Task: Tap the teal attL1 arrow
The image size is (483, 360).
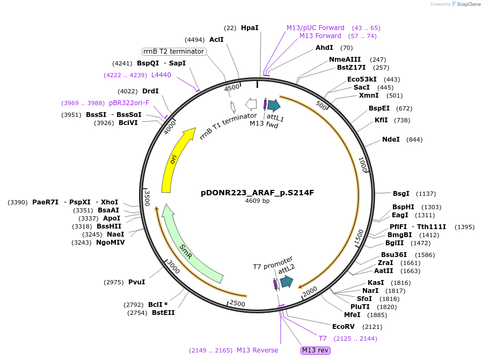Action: tap(274, 105)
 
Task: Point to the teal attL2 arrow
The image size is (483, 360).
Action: tap(286, 281)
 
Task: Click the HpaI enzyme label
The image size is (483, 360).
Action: tap(250, 27)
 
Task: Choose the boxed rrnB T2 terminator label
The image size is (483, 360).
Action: tap(174, 52)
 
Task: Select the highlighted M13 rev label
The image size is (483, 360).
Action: tap(315, 350)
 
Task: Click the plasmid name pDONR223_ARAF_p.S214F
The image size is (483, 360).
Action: tap(257, 192)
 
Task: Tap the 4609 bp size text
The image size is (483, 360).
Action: tap(257, 201)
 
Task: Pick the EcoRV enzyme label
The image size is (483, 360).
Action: tap(343, 326)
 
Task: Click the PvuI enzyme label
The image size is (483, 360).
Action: tap(137, 282)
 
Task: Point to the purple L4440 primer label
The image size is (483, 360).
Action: tap(161, 75)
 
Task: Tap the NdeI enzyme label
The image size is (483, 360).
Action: tap(391, 139)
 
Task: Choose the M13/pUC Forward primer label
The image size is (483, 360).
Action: tap(316, 27)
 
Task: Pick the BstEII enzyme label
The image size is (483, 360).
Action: tap(163, 313)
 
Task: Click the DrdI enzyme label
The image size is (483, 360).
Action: tap(150, 91)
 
